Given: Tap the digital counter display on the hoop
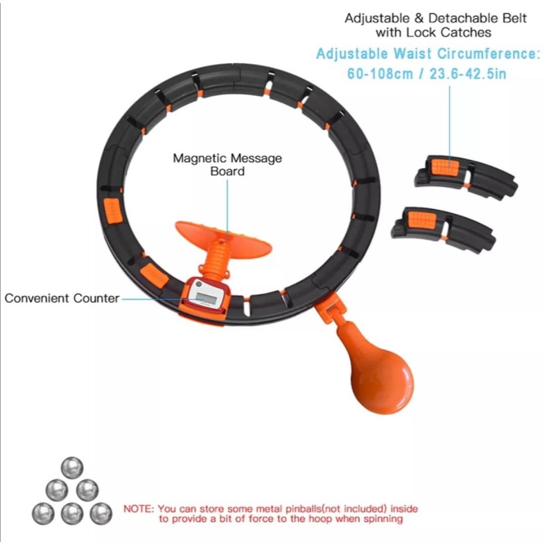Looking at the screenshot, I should (205, 299).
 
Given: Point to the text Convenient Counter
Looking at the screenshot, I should (62, 298).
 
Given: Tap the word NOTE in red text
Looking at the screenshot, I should (139, 509).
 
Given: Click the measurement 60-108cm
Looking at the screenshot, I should (380, 74).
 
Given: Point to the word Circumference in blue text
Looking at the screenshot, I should (485, 54).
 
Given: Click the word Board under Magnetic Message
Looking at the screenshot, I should (227, 171).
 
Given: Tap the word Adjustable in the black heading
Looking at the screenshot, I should (378, 18).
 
